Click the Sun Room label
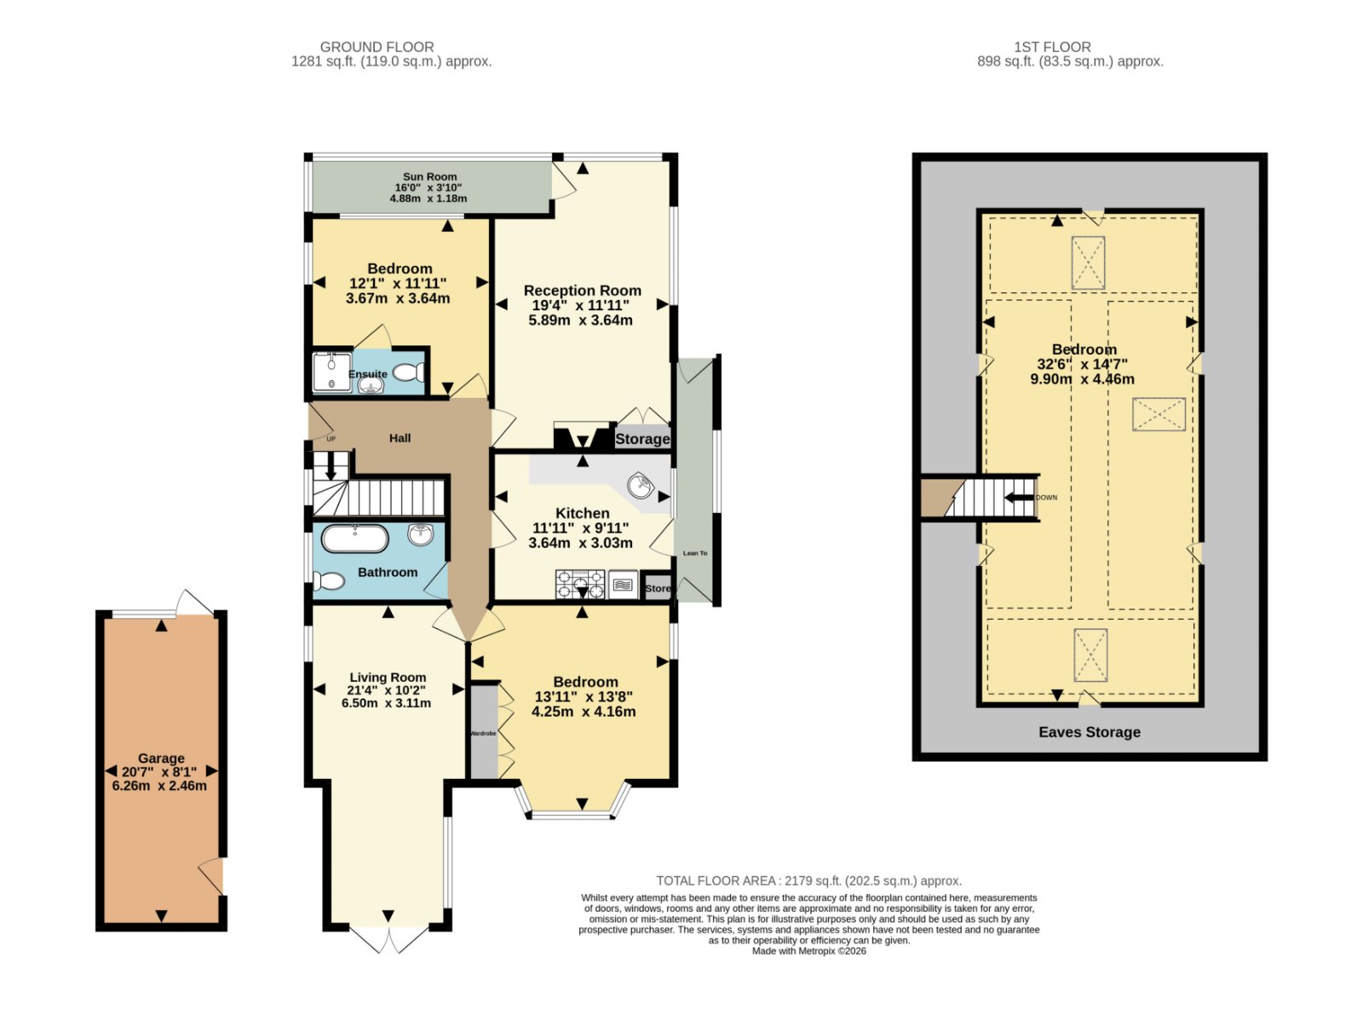coord(429,176)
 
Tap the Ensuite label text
coord(368,374)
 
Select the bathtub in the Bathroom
coord(355,539)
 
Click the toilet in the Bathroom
coord(329,581)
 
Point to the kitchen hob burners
coord(579,584)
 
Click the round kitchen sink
coord(641,486)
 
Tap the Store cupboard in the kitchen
coord(657,586)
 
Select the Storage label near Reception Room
coord(642,439)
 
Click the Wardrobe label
coord(483,734)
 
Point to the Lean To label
coord(695,553)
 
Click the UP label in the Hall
coord(331,439)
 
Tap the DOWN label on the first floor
coord(1046,498)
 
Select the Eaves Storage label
coord(1090,732)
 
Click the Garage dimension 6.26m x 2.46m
coord(159,786)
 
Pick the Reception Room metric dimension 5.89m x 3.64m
coord(581,320)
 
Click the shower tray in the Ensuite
coord(332,372)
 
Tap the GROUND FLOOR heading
coord(377,47)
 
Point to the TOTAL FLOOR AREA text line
coord(809,881)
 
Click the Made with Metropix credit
coord(809,951)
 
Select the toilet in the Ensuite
coord(409,372)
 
